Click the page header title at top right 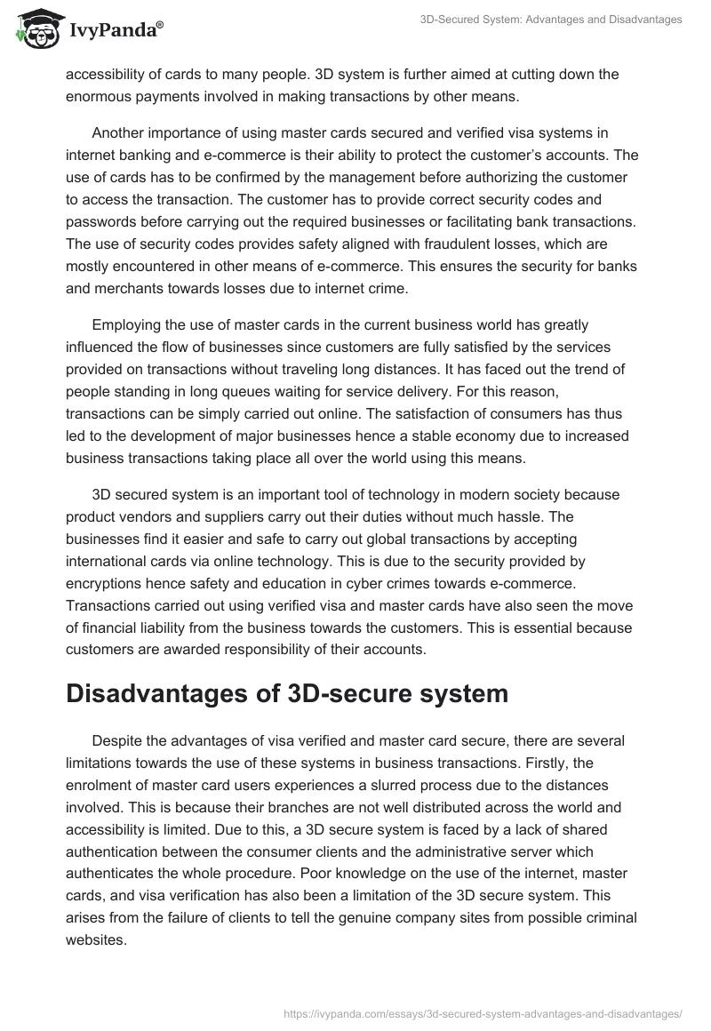[551, 20]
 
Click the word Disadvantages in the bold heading [152, 694]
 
